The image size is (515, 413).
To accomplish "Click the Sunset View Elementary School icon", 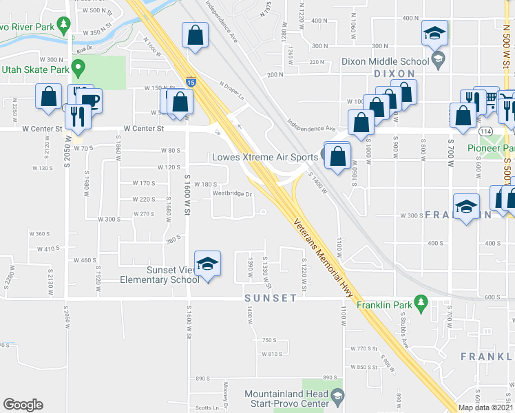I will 207,264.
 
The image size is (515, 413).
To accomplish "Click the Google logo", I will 23,405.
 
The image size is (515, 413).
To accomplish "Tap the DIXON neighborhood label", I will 395,73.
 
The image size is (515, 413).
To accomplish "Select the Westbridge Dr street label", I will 233,194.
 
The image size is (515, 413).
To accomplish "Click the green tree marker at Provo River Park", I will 63,25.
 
